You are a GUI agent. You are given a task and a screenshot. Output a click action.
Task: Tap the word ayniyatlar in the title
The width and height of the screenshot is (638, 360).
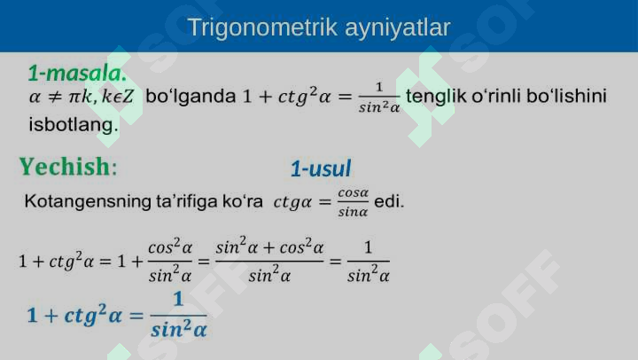coord(398,28)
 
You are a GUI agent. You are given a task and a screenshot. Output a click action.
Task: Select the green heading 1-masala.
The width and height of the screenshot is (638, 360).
coord(77,74)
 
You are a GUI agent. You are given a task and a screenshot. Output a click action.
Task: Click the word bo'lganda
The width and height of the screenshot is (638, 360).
coord(191,96)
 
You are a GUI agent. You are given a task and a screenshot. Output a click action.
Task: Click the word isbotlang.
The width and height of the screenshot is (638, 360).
coord(74,124)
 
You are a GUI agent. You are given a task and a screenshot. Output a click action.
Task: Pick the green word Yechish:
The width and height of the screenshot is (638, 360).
coord(68,167)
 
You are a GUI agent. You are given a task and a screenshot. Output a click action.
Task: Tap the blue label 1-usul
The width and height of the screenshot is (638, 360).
coord(321,168)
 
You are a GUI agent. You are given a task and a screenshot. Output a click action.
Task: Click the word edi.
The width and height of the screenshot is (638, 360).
coord(389,201)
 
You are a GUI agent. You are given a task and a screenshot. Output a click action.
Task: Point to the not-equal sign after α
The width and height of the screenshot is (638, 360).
coord(55,97)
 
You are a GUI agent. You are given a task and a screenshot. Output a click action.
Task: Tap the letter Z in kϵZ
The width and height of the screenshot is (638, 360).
coord(128,97)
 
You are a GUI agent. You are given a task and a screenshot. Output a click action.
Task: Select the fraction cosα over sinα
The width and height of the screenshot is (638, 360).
coord(354,202)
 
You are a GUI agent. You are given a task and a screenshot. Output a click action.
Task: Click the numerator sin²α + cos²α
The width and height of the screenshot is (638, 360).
coord(269,247)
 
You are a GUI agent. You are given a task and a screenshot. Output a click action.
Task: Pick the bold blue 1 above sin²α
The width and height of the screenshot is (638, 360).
coord(178,300)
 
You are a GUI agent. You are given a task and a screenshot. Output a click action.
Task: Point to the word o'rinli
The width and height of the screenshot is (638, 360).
coord(496,96)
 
